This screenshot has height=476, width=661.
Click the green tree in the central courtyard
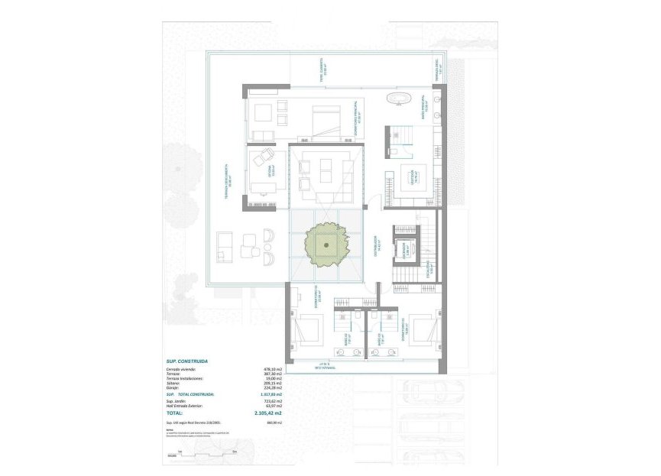(x=326, y=244)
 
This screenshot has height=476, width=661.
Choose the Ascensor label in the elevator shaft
(x=409, y=248)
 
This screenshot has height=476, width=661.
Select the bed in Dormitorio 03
(x=420, y=329)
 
